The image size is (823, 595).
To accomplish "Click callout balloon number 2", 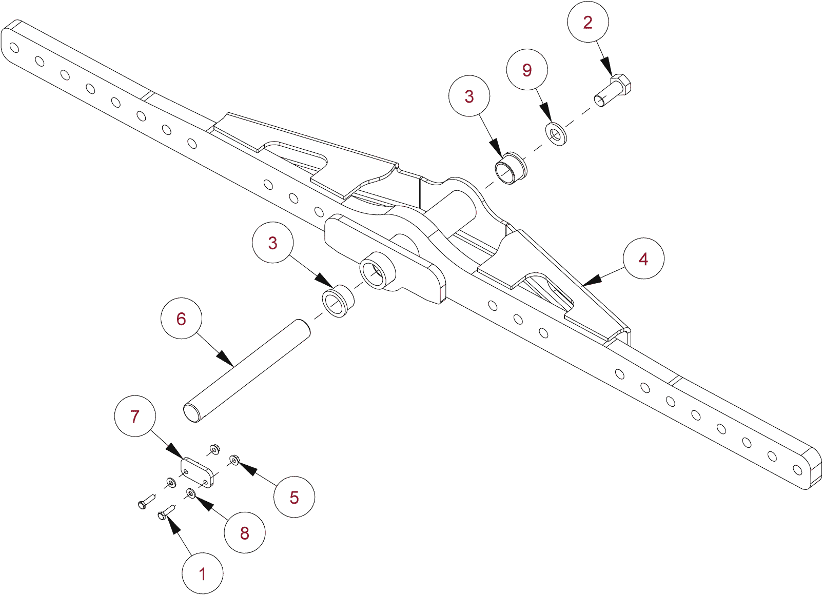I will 588,22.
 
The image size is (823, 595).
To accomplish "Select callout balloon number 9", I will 527,70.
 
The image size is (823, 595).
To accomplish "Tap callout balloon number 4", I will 643,259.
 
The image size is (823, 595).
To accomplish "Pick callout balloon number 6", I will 181,319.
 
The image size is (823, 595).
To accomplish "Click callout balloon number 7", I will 135,416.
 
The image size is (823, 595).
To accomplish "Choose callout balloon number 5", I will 294,497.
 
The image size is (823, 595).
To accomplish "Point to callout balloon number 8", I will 245,532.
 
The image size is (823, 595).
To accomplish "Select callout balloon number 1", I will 203,573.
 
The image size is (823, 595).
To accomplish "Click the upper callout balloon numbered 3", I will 469,96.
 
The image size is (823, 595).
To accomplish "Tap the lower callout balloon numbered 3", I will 273,243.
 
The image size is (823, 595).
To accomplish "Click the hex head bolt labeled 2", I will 614,90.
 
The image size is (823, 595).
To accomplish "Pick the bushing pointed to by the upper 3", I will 511,168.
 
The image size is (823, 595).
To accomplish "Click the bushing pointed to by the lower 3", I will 338,303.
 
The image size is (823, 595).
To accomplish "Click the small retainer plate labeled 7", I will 197,472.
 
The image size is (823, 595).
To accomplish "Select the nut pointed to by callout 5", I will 234,460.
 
